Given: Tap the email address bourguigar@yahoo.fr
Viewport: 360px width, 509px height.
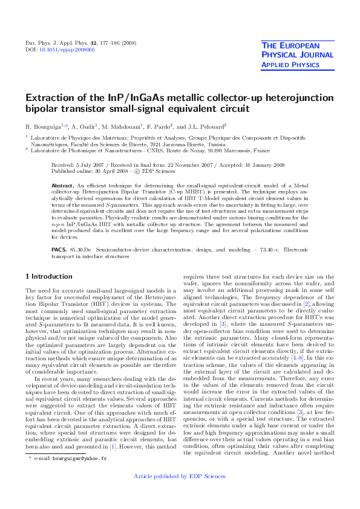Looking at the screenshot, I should point(79,476).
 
